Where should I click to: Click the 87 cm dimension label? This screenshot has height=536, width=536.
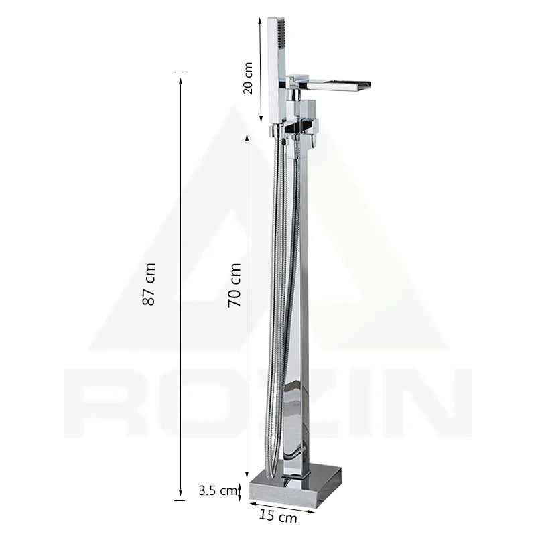pos(151,285)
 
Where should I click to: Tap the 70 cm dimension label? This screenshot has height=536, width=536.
pos(234,285)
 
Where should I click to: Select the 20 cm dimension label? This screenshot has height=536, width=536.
pos(248,78)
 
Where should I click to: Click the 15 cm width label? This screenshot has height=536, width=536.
pos(278,516)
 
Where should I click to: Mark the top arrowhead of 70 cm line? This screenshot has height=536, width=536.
pos(249,137)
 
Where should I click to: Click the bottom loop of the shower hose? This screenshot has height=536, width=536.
pos(271,462)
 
